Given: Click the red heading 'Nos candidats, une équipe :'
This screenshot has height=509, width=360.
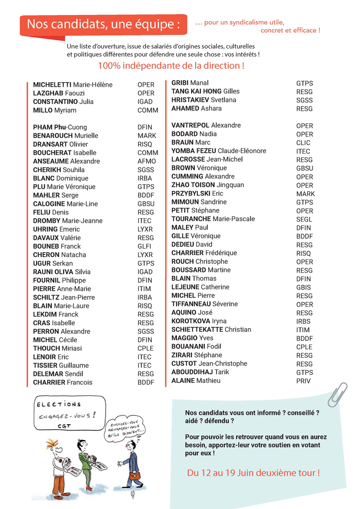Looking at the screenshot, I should point(103,24).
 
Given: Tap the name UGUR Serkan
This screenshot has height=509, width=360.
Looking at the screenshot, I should point(53,263).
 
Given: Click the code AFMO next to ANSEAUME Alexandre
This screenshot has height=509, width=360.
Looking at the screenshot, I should point(146,161).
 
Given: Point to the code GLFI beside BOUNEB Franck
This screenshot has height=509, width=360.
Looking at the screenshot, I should point(145,247).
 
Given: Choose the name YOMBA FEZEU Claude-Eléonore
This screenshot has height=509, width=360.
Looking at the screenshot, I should point(218,151).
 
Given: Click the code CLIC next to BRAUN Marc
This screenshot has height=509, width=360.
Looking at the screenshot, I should point(303,142).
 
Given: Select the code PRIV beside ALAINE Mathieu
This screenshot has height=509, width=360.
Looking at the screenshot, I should point(303,381).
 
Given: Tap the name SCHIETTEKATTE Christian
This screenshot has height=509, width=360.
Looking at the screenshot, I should point(211,330).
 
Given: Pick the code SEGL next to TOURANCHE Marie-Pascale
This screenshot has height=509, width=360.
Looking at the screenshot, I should point(304,219).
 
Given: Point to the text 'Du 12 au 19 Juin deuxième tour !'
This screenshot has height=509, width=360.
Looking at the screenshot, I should point(253,473).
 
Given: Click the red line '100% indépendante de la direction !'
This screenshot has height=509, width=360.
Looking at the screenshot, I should point(171,66).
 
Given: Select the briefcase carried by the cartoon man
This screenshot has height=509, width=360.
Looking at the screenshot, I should point(136,476).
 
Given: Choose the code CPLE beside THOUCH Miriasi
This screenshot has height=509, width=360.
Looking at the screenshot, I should point(145,348).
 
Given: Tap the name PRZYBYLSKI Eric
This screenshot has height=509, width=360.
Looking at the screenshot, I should point(197,193).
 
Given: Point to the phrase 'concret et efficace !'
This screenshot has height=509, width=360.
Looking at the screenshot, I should point(290,30).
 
